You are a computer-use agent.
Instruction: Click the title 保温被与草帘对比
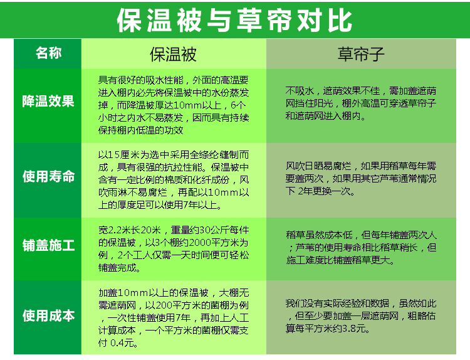234,20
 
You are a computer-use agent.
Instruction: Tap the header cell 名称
48,53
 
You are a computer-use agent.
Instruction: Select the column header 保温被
173,54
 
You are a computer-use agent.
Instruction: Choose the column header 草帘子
361,54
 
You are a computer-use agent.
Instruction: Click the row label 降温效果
48,101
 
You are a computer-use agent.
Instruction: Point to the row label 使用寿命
48,176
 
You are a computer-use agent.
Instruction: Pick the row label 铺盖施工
48,245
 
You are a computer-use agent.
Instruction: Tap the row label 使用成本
48,315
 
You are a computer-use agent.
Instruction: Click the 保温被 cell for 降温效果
174,105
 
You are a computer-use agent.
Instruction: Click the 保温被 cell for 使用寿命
174,180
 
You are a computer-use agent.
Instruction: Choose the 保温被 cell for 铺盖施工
174,249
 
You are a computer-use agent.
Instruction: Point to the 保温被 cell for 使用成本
174,318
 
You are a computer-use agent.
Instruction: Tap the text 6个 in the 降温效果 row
238,105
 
